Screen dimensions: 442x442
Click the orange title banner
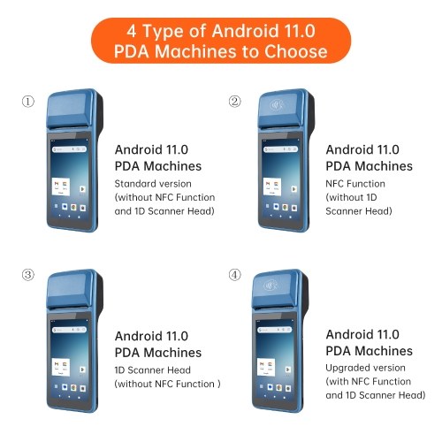point(221,41)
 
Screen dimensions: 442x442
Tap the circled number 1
point(28,102)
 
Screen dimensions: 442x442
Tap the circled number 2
point(235,102)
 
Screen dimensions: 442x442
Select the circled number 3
point(28,275)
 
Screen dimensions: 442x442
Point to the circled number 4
point(235,275)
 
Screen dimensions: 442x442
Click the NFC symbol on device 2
point(277,104)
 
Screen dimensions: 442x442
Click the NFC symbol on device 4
point(271,285)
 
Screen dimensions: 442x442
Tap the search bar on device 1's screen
point(70,149)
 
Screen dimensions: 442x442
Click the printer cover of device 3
point(72,290)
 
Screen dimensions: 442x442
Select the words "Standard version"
point(153,184)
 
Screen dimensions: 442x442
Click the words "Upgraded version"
point(365,368)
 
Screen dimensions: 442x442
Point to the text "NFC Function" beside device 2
point(355,184)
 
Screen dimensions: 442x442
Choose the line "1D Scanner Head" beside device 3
point(153,370)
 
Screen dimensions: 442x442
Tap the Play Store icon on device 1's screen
point(82,189)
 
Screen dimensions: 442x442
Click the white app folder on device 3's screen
point(61,367)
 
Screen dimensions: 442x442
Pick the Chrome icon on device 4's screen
point(279,387)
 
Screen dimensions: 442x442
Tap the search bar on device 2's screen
point(280,149)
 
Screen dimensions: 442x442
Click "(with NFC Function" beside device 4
point(369,382)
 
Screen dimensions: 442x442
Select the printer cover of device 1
point(72,109)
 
